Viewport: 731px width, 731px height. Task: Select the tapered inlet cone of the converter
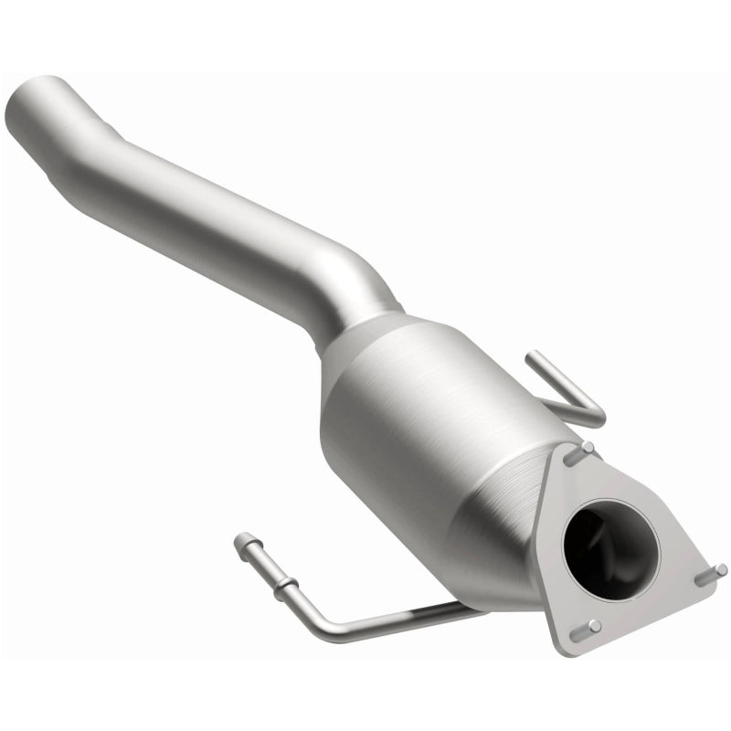point(365,347)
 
